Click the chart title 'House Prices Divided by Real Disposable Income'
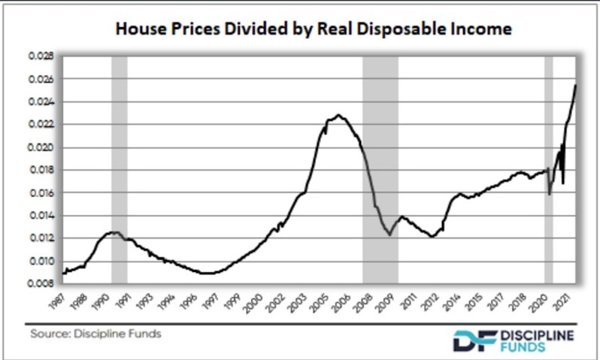313,29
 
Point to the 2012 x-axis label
432,303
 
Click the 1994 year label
172,303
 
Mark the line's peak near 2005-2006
339,115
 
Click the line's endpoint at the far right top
576,85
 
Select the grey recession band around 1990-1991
119,169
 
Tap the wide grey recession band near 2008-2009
380,169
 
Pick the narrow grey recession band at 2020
549,169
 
